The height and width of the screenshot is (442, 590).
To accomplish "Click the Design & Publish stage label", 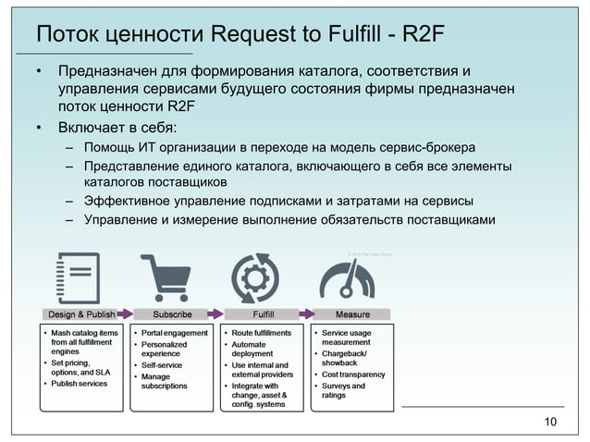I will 81,314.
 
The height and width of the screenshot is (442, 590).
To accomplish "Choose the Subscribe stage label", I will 172,314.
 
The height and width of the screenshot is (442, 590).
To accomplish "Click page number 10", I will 551,423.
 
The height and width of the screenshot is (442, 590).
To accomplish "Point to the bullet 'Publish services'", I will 79,384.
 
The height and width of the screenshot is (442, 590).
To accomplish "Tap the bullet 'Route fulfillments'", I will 261,333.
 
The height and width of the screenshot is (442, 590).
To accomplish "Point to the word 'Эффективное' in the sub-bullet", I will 129,201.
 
